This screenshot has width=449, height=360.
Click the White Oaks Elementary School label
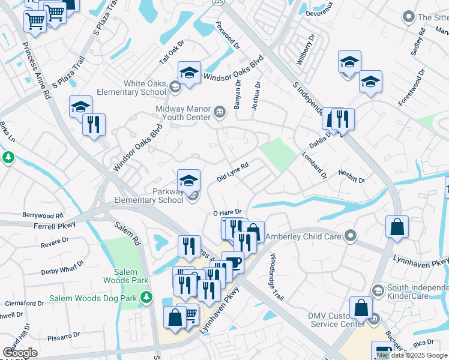pyautogui.click(x=145, y=88)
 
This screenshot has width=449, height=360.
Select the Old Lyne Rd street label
pyautogui.click(x=232, y=172)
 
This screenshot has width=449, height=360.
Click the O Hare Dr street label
pyautogui.click(x=227, y=212)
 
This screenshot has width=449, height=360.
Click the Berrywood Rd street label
pyautogui.click(x=42, y=215)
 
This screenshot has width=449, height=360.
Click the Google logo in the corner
pyautogui.click(x=20, y=353)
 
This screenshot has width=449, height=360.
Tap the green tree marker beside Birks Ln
pyautogui.click(x=8, y=157)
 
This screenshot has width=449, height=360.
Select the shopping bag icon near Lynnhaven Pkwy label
pyautogui.click(x=397, y=227)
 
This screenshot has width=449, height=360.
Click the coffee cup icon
pyautogui.click(x=232, y=263)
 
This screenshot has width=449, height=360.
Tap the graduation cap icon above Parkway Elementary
pyautogui.click(x=188, y=179)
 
